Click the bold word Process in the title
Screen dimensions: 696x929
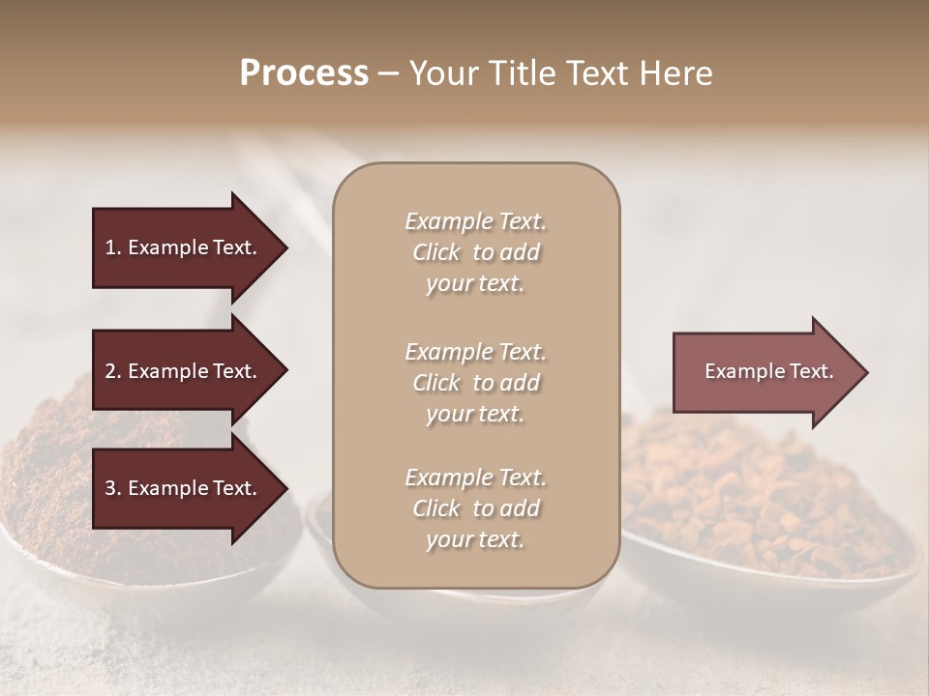click(x=304, y=73)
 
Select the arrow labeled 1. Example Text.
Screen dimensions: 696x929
click(x=181, y=247)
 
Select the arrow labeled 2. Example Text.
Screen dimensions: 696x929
click(x=181, y=371)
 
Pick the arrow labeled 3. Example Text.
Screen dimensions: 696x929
click(x=181, y=488)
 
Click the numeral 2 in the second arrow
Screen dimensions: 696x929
click(x=109, y=371)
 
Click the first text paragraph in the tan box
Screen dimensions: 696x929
click(x=475, y=252)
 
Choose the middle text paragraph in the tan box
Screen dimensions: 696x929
click(x=475, y=383)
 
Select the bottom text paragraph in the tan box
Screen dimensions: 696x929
click(x=475, y=508)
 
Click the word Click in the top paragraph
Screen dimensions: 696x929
click(x=436, y=253)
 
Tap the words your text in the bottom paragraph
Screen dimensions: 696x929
click(x=475, y=540)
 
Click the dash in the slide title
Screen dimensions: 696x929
click(x=388, y=74)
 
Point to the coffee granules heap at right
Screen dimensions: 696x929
click(x=764, y=493)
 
